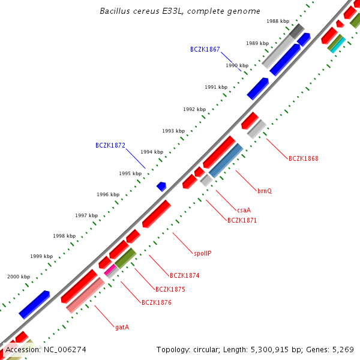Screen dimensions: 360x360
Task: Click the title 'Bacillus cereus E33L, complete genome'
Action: coord(180,11)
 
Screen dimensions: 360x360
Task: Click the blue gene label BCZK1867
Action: coord(205,49)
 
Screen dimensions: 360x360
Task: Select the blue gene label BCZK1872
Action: coord(110,145)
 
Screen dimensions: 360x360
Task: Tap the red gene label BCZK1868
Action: coord(303,159)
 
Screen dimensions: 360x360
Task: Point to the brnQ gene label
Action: coord(265,191)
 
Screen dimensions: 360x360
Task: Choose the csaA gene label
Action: coord(244,210)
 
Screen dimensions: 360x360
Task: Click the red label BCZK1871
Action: coord(242,220)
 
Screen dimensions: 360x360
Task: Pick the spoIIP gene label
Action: coord(202,253)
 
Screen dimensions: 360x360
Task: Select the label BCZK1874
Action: coord(184,276)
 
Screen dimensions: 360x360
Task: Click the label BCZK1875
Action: coord(170,289)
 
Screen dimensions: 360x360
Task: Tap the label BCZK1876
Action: coord(157,302)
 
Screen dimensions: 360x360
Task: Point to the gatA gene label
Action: coord(122,327)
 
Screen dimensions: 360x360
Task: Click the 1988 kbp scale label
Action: coord(278,21)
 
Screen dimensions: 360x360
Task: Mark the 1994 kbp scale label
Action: coord(152,152)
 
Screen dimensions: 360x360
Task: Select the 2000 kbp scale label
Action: coord(19,277)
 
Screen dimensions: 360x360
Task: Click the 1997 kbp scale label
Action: coord(86,215)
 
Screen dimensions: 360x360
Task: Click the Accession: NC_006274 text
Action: coord(46,349)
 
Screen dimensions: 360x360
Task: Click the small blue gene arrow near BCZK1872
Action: coord(161,187)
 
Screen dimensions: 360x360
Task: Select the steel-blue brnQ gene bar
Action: coord(226,160)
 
